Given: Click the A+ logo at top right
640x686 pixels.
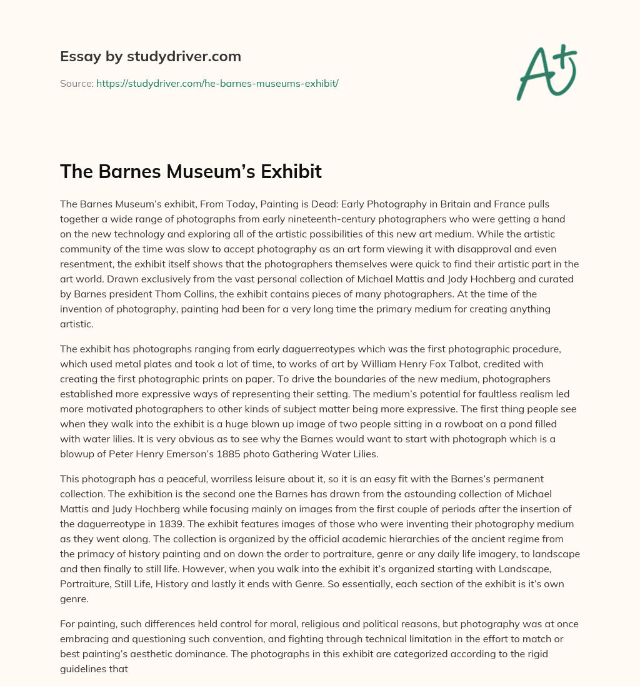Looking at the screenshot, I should [546, 71].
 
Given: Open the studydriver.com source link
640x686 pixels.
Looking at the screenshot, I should [217, 83].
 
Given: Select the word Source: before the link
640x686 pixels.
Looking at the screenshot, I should [76, 83].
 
